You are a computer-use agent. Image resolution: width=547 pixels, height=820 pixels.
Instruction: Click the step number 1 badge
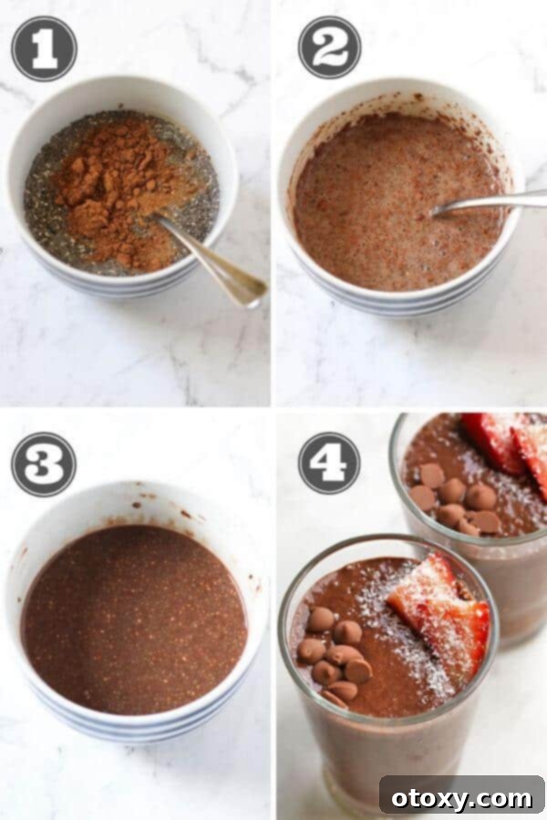[x=44, y=48]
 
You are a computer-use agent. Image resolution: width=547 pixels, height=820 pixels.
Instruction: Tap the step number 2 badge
[x=329, y=47]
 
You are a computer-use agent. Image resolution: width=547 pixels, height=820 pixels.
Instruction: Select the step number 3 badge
[x=44, y=464]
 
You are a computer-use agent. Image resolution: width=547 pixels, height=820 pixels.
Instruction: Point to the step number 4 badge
[x=329, y=464]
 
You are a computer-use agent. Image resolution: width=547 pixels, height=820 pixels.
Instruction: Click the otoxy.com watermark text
[x=463, y=797]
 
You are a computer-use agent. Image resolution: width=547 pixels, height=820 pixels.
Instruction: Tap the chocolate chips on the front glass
[x=333, y=651]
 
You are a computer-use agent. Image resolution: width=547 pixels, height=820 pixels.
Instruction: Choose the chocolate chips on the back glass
[x=456, y=501]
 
